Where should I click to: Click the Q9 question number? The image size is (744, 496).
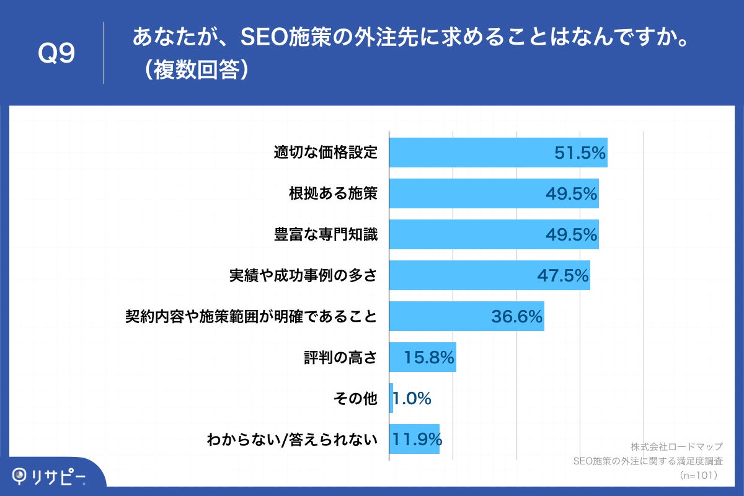point(56,55)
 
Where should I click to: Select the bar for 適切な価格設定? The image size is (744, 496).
point(471,153)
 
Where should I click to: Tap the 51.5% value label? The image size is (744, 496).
point(580,153)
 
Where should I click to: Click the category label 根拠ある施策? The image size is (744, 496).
point(333,193)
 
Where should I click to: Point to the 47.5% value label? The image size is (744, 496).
point(562,275)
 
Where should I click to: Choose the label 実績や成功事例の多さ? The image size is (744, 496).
point(303,275)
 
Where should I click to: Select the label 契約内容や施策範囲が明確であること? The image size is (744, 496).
point(251,316)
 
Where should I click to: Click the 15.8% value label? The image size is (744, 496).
point(429,357)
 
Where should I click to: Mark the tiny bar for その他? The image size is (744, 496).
point(391,398)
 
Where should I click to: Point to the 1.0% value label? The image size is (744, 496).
point(412,398)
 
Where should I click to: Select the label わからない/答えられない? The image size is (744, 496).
point(292,440)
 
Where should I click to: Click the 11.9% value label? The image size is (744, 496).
point(417,439)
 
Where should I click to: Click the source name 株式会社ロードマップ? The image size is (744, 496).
point(676,447)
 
